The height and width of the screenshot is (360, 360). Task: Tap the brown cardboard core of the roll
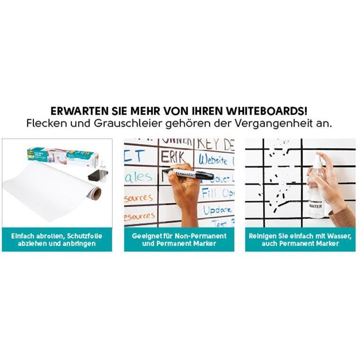click(96, 193)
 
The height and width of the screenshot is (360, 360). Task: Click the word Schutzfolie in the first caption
click(83, 235)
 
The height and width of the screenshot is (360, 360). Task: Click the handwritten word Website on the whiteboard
click(214, 159)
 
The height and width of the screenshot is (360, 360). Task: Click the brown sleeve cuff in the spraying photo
click(343, 216)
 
